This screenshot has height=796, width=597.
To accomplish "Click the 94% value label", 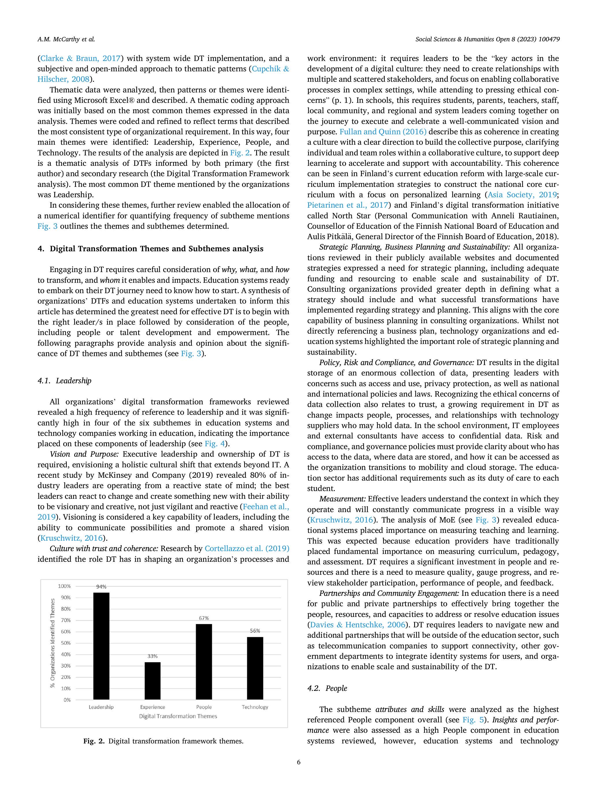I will (x=101, y=587).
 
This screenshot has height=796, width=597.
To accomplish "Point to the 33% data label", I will (x=152, y=656).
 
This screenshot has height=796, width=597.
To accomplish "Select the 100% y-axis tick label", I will (x=64, y=586).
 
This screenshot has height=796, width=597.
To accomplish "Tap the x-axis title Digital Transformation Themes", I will (x=178, y=716).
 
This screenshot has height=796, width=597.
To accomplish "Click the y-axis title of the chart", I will (x=53, y=643).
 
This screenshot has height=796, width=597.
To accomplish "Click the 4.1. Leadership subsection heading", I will (x=64, y=381).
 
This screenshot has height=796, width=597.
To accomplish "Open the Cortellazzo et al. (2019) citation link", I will (x=247, y=548).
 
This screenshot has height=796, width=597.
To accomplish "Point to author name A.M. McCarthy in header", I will (x=66, y=40).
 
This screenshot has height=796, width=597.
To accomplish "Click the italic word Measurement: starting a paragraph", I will (x=342, y=499).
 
